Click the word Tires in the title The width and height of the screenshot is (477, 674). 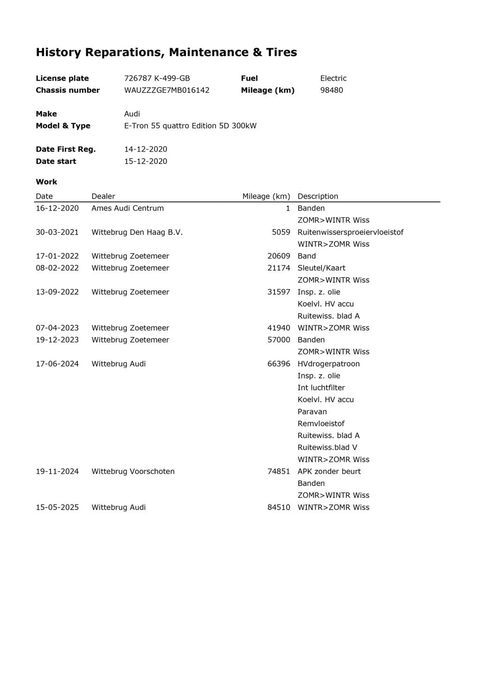coord(282,52)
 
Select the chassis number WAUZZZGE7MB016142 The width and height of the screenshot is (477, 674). coord(166,90)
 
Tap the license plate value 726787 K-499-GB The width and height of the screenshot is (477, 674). coord(157,78)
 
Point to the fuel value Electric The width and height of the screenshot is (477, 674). coord(333,78)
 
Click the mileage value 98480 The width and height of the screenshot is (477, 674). coord(331,90)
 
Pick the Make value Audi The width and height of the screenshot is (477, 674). coord(132,114)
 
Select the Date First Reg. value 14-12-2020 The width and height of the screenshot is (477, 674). coord(145,149)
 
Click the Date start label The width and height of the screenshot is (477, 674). coord(56,161)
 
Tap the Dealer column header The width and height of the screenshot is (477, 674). coord(103,197)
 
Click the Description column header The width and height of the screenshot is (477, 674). coord(318,197)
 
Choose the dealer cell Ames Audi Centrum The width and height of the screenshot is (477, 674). coord(127,208)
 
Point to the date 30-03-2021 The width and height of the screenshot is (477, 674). coord(57,232)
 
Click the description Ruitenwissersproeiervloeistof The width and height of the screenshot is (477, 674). coord(350,232)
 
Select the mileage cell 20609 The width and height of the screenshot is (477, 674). coord(279,256)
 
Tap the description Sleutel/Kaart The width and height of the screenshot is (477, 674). coord(321,268)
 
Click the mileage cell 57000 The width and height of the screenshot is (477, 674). coord(279,340)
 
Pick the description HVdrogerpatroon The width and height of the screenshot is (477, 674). coord(328,364)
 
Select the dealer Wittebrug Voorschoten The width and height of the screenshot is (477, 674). coord(133,471)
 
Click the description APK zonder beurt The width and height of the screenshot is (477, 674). coord(329,471)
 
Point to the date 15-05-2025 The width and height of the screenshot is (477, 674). coord(57,507)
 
